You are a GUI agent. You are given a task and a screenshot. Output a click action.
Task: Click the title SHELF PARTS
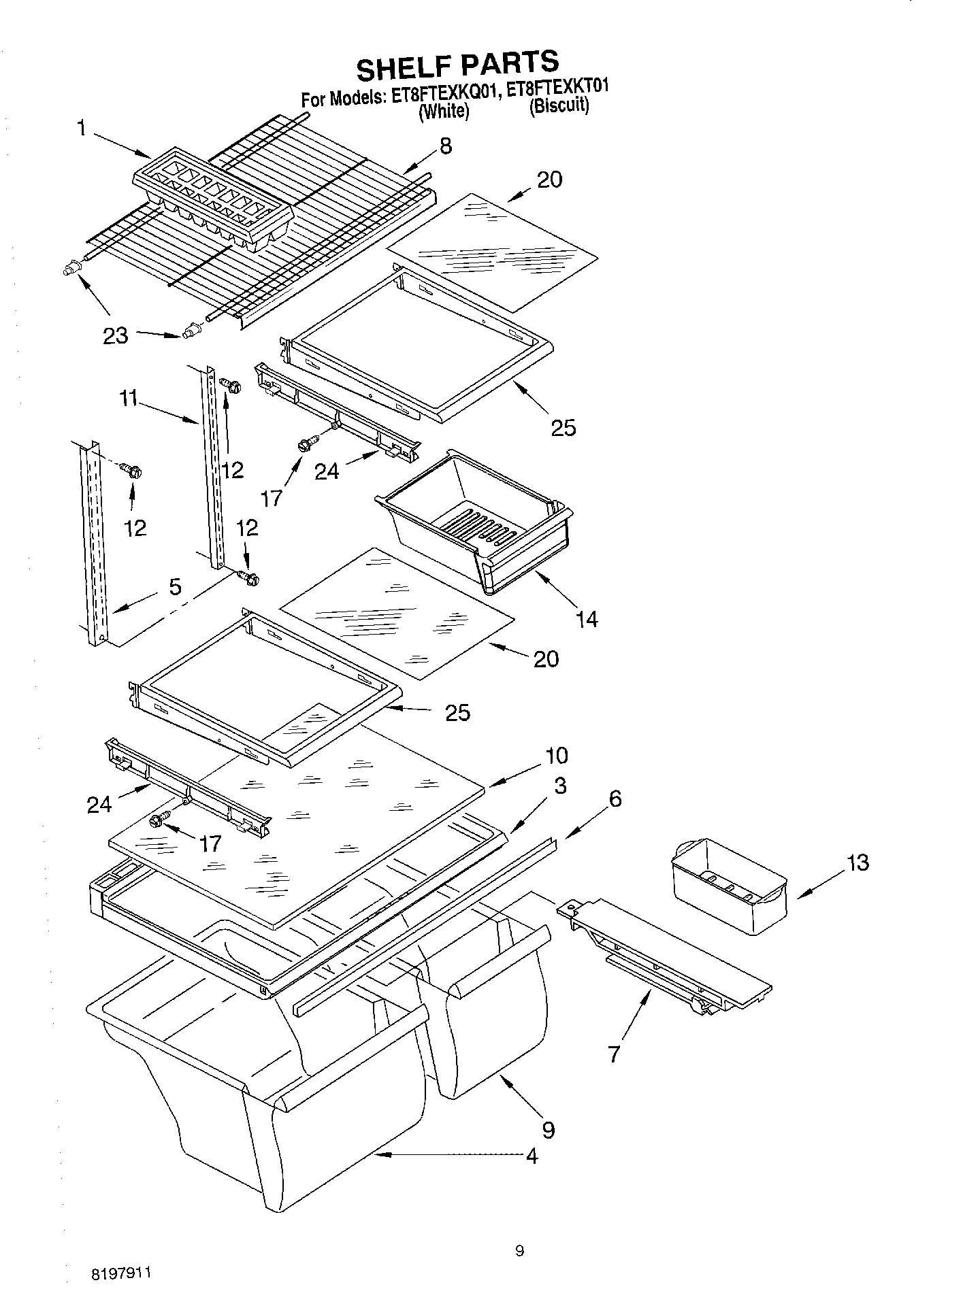coord(457,66)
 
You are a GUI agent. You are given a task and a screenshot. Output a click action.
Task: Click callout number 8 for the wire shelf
coord(446,146)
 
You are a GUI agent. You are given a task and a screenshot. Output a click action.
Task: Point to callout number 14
coord(587,618)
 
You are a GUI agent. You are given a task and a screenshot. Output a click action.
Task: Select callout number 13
coord(858,863)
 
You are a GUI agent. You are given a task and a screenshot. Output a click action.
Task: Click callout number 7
coord(615,1054)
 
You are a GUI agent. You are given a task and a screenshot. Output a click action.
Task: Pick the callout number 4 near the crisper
coord(532,1156)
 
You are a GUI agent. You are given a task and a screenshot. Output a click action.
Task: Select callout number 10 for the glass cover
coord(556,756)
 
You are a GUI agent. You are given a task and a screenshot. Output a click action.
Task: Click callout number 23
coord(115,335)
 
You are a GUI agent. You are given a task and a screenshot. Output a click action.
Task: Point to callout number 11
coord(129,401)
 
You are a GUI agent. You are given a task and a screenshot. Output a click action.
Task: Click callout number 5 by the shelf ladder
coord(175,586)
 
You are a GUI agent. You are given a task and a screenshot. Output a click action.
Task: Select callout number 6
coord(615,799)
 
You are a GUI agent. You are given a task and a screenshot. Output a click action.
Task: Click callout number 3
coord(559,786)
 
